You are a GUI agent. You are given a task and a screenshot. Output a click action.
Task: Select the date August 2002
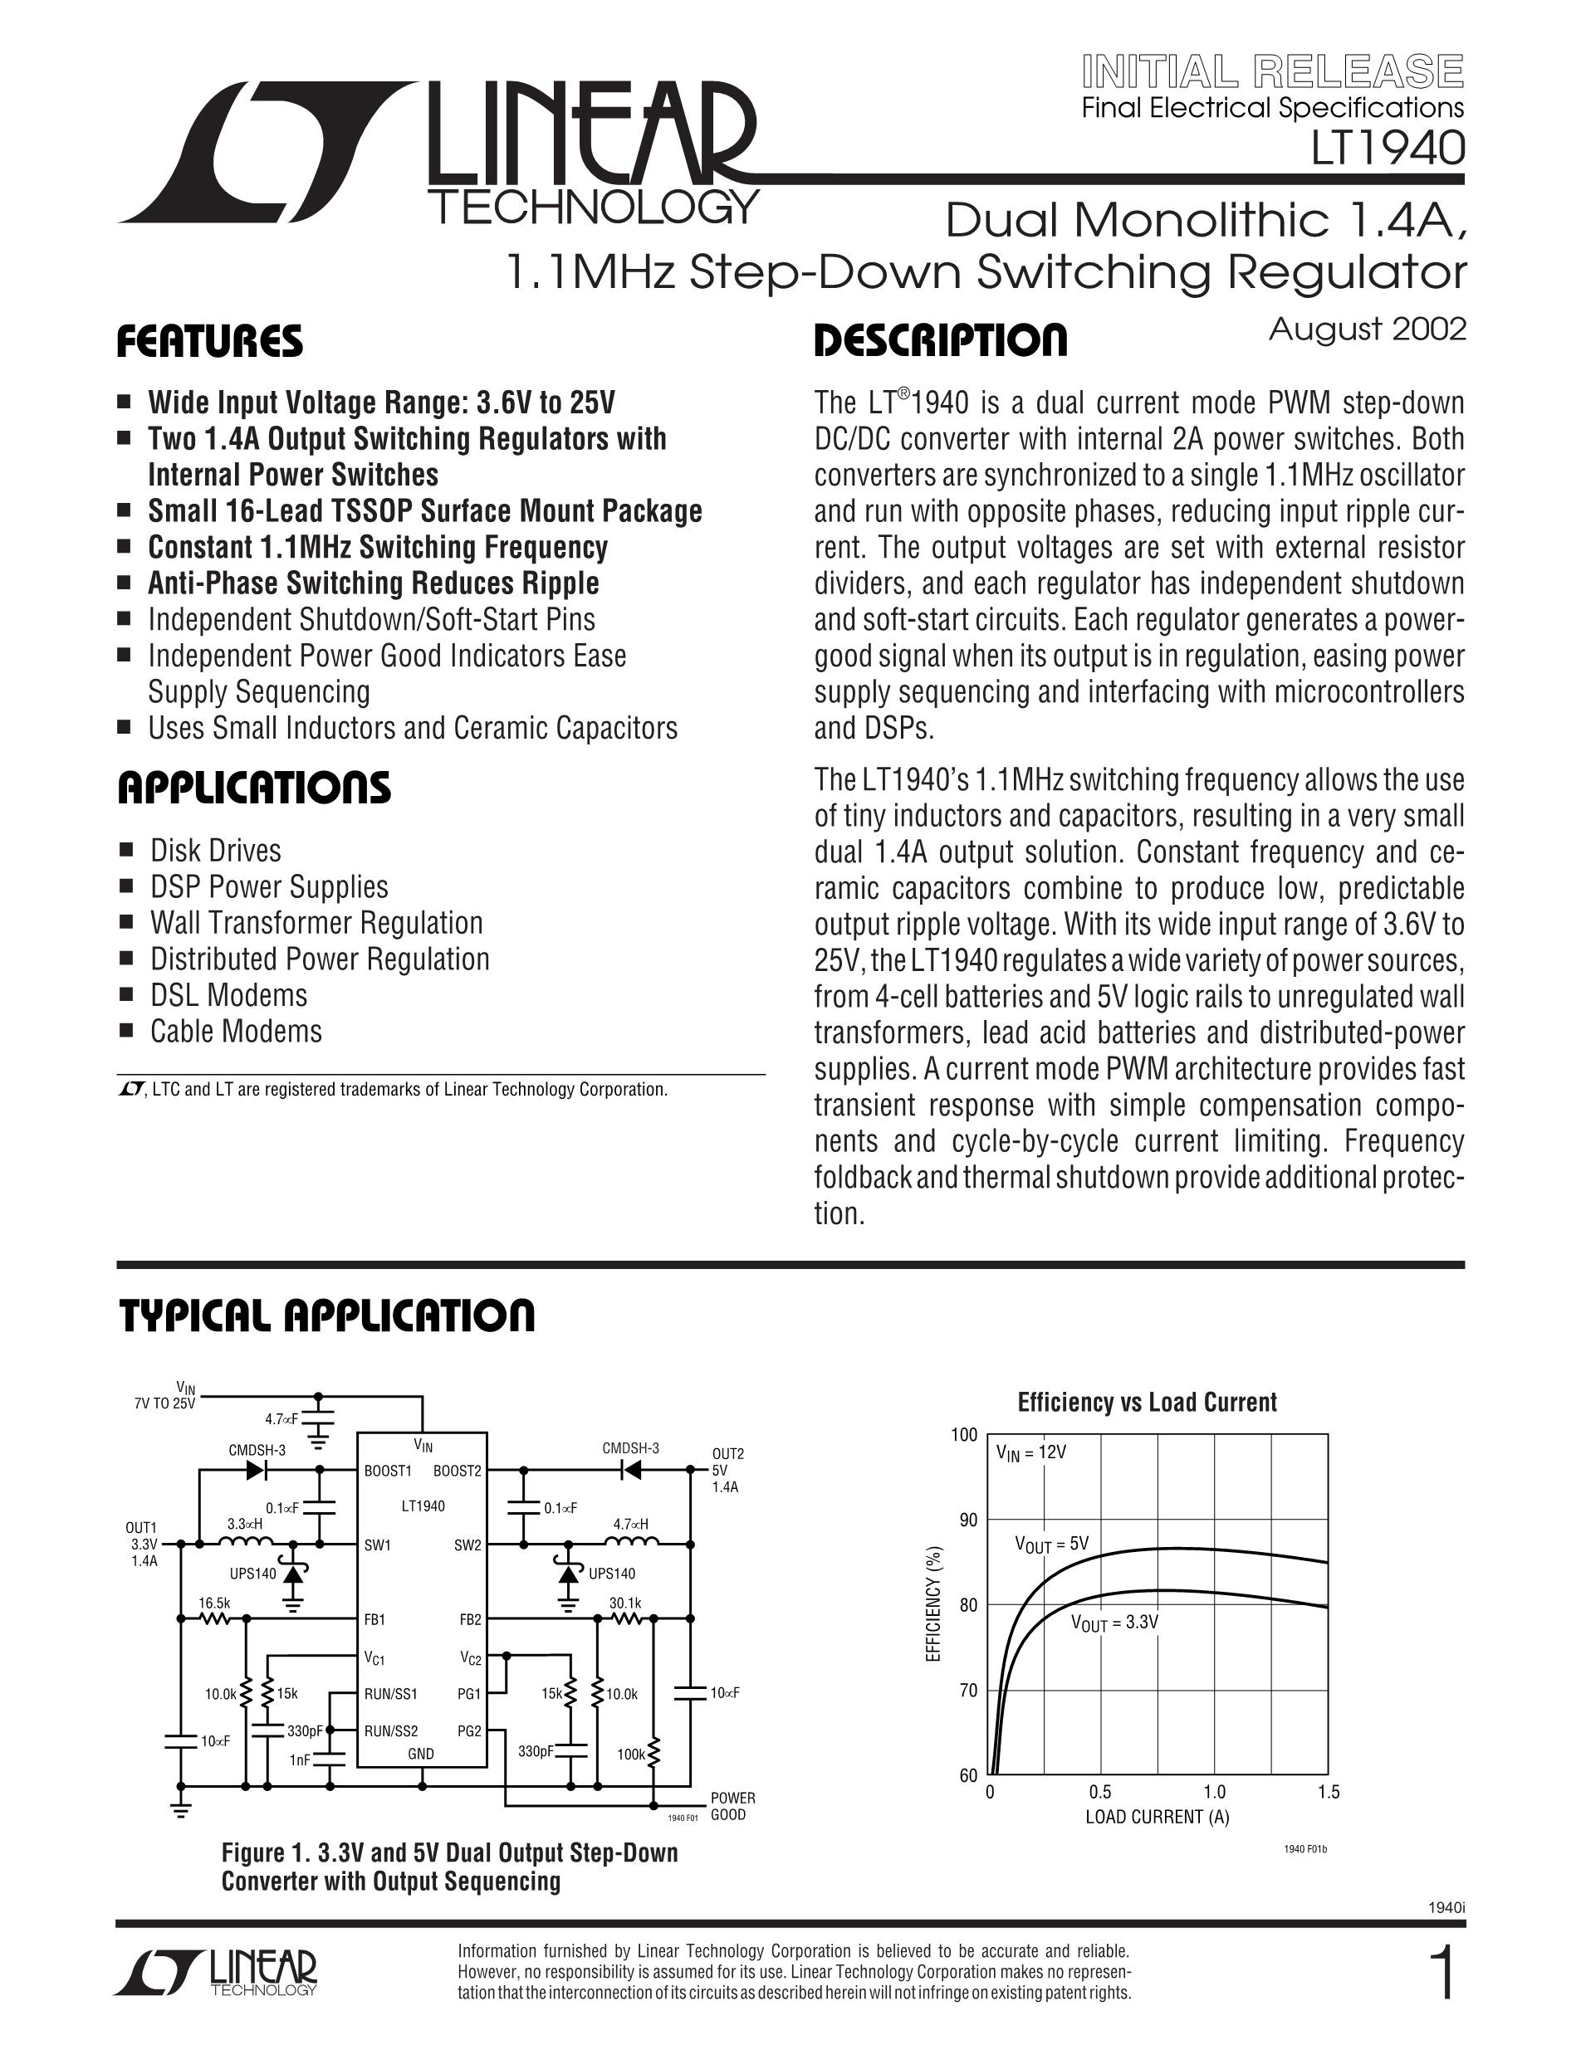pos(1367,329)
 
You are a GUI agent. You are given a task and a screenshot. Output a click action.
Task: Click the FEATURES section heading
pos(210,342)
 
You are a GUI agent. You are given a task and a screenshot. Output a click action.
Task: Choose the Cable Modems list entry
pos(236,1031)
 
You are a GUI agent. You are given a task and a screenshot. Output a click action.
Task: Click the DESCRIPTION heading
pos(940,340)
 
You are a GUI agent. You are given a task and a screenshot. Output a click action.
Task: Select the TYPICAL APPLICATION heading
pos(327,1315)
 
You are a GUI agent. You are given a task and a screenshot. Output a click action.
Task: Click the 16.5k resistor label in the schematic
pos(213,1603)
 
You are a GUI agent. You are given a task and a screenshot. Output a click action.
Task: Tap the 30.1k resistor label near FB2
pos(624,1603)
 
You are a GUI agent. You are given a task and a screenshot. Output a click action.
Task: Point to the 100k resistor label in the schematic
pos(630,1755)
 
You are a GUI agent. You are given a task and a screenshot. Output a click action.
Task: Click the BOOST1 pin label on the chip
pos(388,1471)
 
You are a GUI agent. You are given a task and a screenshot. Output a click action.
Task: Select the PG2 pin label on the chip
pos(469,1731)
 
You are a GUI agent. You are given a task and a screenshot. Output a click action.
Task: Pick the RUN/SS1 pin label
pos(390,1694)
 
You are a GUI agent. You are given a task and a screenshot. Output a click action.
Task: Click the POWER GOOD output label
pos(732,1806)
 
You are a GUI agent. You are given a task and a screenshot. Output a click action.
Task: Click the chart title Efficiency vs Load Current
pos(1147,1402)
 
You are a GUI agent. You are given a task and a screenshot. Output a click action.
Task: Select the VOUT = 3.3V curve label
pos(1114,1623)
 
